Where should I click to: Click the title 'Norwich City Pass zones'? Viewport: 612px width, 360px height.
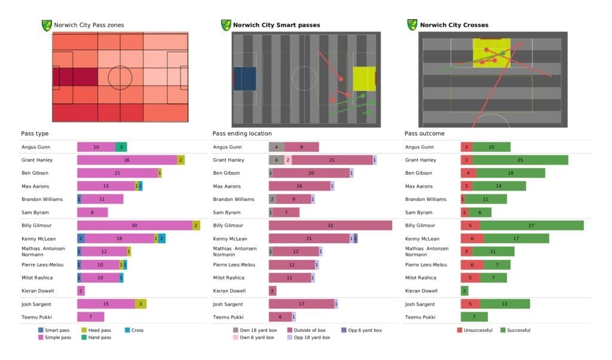tap(88, 25)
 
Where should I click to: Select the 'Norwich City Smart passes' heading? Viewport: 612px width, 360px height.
tap(276, 25)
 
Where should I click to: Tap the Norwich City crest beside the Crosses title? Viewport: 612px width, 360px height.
tap(412, 25)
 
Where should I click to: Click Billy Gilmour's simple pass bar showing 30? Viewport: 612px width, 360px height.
tap(134, 225)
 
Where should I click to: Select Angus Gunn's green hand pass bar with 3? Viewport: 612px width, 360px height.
tap(121, 147)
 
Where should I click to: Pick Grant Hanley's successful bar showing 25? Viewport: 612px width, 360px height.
tap(520, 160)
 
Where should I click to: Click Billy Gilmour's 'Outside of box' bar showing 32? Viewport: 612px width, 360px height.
tap(331, 225)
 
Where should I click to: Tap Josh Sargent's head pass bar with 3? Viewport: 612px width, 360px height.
tap(140, 304)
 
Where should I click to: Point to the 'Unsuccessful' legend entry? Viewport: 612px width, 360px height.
tap(476, 330)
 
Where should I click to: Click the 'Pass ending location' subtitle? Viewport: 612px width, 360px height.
tap(242, 133)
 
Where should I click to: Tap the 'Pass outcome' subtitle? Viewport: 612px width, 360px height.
tap(424, 133)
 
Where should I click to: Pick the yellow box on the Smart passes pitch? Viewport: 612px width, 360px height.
tap(364, 78)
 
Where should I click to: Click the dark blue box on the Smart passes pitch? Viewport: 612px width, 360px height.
tap(244, 78)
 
